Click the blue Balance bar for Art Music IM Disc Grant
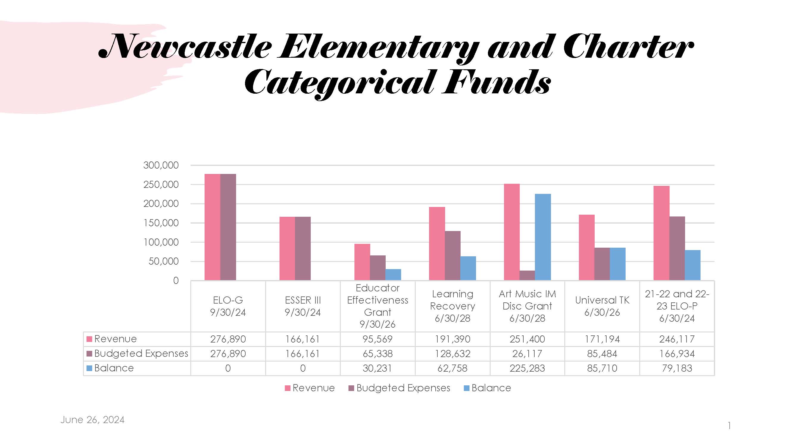(543, 237)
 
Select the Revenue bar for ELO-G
(212, 227)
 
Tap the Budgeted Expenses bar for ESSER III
(303, 248)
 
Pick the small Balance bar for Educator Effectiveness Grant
(393, 274)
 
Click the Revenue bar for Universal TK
(587, 247)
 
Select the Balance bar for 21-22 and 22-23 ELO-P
(692, 265)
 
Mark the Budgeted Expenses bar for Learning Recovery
(453, 255)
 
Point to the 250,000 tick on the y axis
(161, 185)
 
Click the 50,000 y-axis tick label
(164, 261)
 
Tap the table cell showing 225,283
(527, 368)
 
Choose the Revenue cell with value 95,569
(378, 339)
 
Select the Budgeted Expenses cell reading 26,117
(527, 354)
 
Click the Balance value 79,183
(677, 368)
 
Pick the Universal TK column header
(602, 306)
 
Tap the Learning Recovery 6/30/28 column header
(453, 306)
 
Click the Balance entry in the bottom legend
(487, 388)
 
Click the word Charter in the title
(628, 47)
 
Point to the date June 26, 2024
(92, 420)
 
